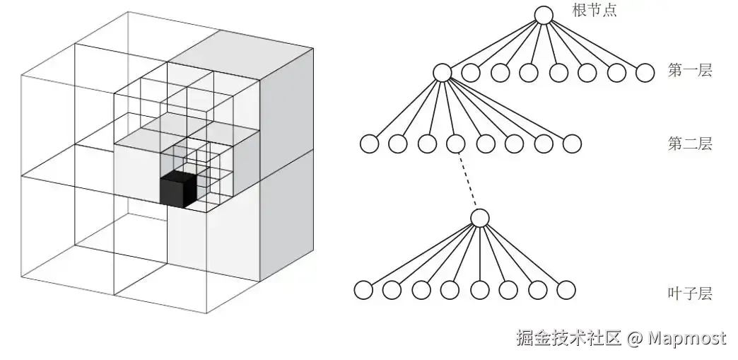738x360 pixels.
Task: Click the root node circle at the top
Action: pyautogui.click(x=543, y=16)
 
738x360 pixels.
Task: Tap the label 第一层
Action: pyautogui.click(x=689, y=71)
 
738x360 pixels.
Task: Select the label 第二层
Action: pyautogui.click(x=689, y=144)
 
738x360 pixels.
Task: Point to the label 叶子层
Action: pyautogui.click(x=689, y=293)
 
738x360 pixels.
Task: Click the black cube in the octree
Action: pyautogui.click(x=177, y=190)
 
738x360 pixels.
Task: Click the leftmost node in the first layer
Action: pyautogui.click(x=442, y=72)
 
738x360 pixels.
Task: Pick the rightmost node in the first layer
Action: pyautogui.click(x=645, y=72)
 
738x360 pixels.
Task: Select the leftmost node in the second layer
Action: pyautogui.click(x=369, y=144)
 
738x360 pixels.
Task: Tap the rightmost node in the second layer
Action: pyautogui.click(x=572, y=144)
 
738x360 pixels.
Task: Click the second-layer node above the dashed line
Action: pyautogui.click(x=456, y=144)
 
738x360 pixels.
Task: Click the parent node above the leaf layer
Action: pyautogui.click(x=480, y=218)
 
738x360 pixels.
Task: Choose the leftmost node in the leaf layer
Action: pyautogui.click(x=363, y=290)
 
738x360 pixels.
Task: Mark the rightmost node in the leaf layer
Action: pyautogui.click(x=566, y=290)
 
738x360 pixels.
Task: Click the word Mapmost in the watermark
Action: pyautogui.click(x=687, y=338)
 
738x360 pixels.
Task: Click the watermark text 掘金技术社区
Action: pyautogui.click(x=568, y=338)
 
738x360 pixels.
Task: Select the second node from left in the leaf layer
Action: pyautogui.click(x=392, y=290)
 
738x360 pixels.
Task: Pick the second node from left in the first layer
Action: pyautogui.click(x=471, y=72)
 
